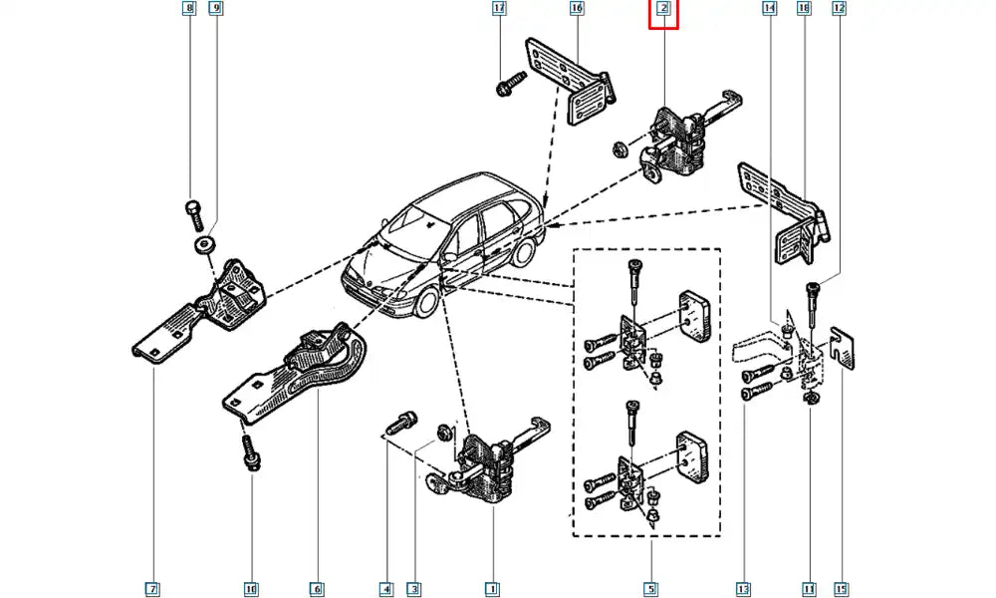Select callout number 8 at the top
pos(189,10)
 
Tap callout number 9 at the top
pos(216,10)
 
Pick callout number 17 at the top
pos(500,10)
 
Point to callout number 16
pos(577,10)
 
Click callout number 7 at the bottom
pos(152,589)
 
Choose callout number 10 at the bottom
pos(251,589)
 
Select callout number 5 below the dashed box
pos(649,589)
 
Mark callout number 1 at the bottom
pos(491,589)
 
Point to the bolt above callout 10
pos(251,450)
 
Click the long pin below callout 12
pos(815,304)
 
